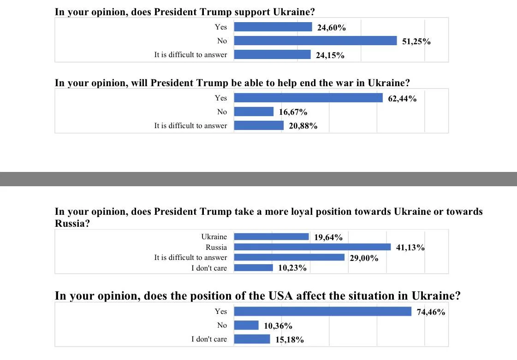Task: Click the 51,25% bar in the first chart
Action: [315, 41]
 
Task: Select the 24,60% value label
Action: [331, 28]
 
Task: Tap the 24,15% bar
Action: [273, 54]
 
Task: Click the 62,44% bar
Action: [308, 98]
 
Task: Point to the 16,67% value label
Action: [293, 112]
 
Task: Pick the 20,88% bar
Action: [259, 125]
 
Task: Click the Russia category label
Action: [216, 247]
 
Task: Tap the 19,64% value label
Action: [328, 237]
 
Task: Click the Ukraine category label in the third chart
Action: [214, 237]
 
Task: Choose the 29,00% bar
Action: [289, 257]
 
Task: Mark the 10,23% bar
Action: [254, 268]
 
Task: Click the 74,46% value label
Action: [431, 312]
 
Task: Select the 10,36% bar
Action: [246, 325]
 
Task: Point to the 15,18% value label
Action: [290, 340]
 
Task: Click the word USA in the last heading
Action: [280, 296]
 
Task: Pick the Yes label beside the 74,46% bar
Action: [221, 311]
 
